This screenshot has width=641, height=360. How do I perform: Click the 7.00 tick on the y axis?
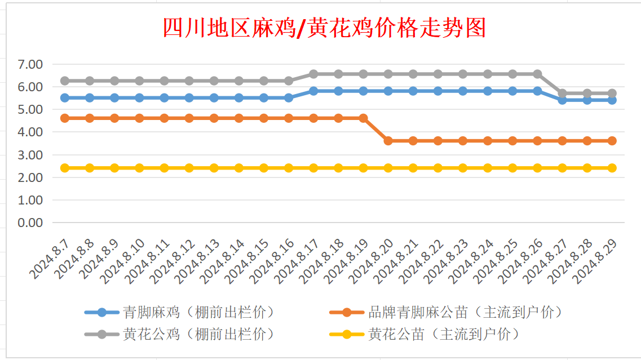(30, 64)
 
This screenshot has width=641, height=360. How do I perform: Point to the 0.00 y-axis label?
(30, 223)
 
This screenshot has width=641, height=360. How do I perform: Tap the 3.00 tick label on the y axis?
(30, 155)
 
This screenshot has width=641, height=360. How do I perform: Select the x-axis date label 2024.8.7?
(50, 259)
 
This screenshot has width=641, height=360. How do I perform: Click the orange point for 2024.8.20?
(388, 141)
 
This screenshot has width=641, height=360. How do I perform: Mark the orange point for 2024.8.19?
(363, 118)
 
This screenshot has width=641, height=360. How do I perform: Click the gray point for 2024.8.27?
(562, 94)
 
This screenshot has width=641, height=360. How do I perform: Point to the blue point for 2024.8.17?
(313, 91)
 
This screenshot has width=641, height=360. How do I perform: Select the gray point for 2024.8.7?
(65, 81)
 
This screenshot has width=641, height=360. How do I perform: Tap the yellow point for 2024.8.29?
(612, 168)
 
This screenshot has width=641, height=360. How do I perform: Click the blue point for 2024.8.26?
(537, 91)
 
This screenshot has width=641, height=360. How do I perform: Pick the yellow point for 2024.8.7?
(65, 168)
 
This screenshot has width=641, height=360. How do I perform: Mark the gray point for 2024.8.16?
(289, 81)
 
